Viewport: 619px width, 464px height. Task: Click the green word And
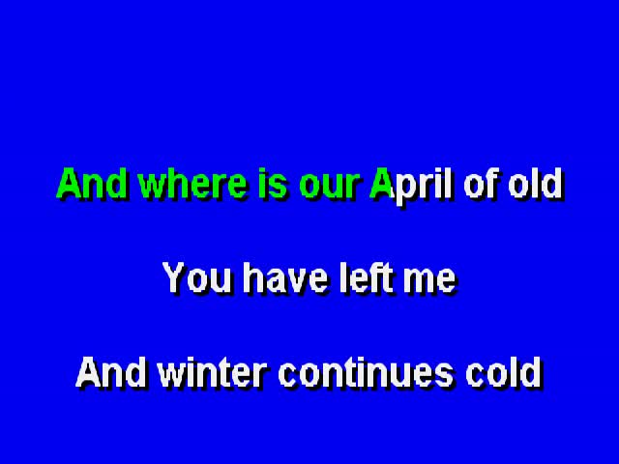pyautogui.click(x=92, y=183)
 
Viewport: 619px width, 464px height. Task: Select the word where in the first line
pyautogui.click(x=193, y=183)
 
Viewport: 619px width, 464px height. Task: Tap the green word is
pyautogui.click(x=273, y=183)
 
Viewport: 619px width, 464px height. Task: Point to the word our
pyautogui.click(x=331, y=187)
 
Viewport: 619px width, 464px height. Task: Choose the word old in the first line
pyautogui.click(x=536, y=183)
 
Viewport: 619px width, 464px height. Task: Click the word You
pyautogui.click(x=197, y=277)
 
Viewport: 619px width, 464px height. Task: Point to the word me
pyautogui.click(x=429, y=281)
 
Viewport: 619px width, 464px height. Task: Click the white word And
pyautogui.click(x=110, y=372)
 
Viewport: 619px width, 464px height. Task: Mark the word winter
pyautogui.click(x=212, y=372)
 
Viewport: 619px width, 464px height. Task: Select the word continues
pyautogui.click(x=366, y=372)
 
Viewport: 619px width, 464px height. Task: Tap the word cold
pyautogui.click(x=504, y=372)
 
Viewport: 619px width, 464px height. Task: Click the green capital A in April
pyautogui.click(x=382, y=183)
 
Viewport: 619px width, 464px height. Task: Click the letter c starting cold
pyautogui.click(x=476, y=376)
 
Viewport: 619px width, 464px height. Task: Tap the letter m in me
pyautogui.click(x=419, y=281)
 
